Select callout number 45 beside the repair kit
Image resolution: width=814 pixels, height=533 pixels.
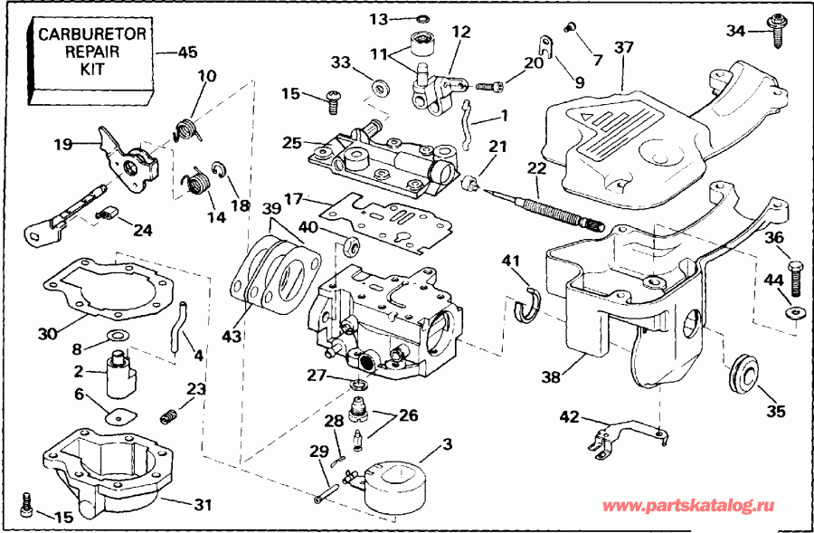187,52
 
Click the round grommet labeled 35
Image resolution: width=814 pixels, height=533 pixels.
743,371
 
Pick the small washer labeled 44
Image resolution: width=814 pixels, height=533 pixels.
794,313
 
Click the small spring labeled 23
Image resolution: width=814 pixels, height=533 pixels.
166,416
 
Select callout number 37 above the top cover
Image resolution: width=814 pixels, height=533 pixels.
623,48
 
